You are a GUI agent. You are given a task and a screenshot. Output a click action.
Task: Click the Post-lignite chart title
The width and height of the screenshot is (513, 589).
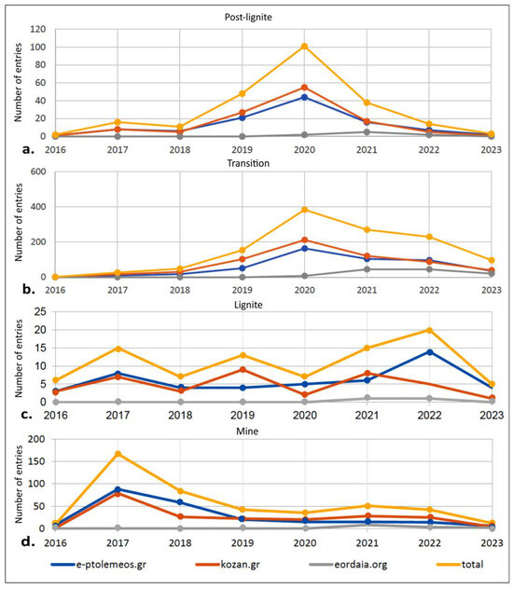pyautogui.click(x=248, y=18)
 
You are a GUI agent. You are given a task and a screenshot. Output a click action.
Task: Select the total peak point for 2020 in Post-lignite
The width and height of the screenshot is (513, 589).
pyautogui.click(x=304, y=47)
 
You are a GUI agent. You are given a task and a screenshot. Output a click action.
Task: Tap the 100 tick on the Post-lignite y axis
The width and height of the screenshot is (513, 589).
pyautogui.click(x=37, y=47)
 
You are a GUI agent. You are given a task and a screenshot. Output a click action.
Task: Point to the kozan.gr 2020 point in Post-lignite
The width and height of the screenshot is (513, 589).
pyautogui.click(x=304, y=88)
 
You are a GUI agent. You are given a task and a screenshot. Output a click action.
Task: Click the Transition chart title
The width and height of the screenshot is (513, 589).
pyautogui.click(x=248, y=163)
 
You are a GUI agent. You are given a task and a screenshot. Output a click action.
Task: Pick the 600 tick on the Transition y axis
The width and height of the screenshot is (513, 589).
pyautogui.click(x=38, y=171)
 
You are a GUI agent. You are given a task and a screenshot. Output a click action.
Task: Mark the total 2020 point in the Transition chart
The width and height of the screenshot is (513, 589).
pyautogui.click(x=304, y=210)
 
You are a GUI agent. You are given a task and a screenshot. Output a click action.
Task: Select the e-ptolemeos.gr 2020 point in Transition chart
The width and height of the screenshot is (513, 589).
pyautogui.click(x=304, y=248)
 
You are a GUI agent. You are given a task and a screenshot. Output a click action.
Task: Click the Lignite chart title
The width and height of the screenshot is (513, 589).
pyautogui.click(x=248, y=305)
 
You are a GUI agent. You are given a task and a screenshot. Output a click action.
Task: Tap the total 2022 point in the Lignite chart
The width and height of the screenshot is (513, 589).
pyautogui.click(x=429, y=330)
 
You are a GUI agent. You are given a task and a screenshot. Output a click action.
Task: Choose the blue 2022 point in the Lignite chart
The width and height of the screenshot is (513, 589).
pyautogui.click(x=429, y=352)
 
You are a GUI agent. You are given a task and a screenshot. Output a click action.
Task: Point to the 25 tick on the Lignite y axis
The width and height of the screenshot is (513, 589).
pyautogui.click(x=40, y=312)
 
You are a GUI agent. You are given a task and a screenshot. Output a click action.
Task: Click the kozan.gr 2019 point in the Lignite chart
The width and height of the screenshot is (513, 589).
pyautogui.click(x=243, y=370)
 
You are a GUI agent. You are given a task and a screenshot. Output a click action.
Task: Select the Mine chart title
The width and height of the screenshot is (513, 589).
pyautogui.click(x=247, y=431)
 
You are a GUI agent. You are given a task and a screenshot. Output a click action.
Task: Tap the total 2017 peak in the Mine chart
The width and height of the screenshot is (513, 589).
pyautogui.click(x=118, y=454)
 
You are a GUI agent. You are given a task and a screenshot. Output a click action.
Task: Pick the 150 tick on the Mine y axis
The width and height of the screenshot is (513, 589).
pyautogui.click(x=37, y=461)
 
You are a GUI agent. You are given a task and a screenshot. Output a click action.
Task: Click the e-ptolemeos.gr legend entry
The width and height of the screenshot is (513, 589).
pyautogui.click(x=99, y=564)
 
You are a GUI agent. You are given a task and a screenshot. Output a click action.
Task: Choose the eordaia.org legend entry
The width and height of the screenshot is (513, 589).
pyautogui.click(x=348, y=564)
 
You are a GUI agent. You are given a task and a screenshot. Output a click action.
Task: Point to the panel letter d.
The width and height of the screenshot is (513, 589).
pyautogui.click(x=28, y=541)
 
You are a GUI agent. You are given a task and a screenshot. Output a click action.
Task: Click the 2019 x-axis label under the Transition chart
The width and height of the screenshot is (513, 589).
pyautogui.click(x=243, y=290)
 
